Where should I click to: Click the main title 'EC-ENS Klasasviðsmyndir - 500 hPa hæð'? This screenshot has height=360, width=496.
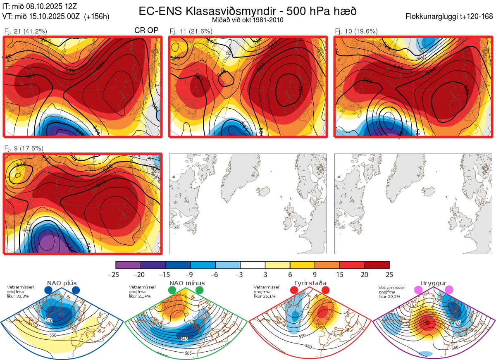pyautogui.click(x=248, y=11)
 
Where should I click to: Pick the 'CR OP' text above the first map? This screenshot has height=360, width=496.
pyautogui.click(x=146, y=31)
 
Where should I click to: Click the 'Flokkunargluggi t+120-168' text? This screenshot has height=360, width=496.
pyautogui.click(x=450, y=17)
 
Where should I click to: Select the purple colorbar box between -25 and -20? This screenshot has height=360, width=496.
pyautogui.click(x=128, y=265)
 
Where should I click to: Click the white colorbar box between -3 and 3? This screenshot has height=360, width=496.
pyautogui.click(x=253, y=265)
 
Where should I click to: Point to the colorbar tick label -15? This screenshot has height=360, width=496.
pyautogui.click(x=165, y=274)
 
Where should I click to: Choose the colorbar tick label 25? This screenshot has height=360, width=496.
pyautogui.click(x=389, y=274)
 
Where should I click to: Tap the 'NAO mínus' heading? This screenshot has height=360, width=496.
pyautogui.click(x=187, y=283)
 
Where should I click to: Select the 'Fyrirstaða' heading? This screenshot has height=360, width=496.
pyautogui.click(x=310, y=283)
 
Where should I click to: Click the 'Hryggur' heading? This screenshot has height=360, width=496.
pyautogui.click(x=434, y=283)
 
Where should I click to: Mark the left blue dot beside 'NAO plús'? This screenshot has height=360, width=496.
pyautogui.click(x=48, y=291)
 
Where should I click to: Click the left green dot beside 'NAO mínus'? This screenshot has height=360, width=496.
pyautogui.click(x=172, y=291)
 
